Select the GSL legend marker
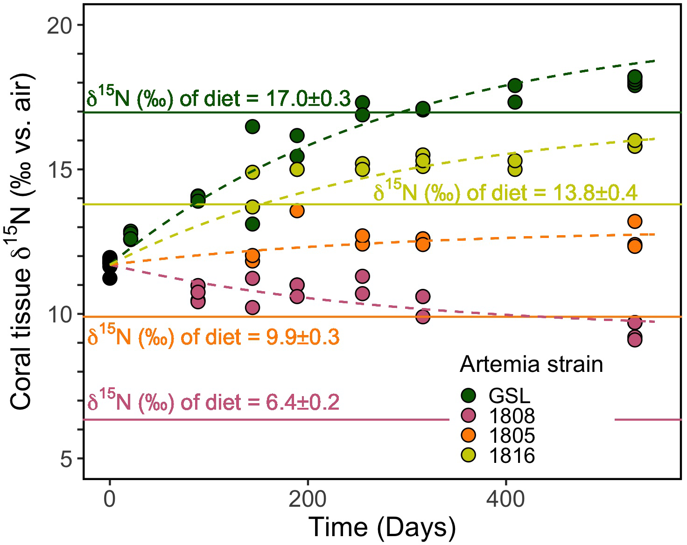point(468,396)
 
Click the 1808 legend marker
point(468,415)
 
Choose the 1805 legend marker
point(468,435)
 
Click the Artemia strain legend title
point(531,364)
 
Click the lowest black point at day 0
point(110,279)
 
